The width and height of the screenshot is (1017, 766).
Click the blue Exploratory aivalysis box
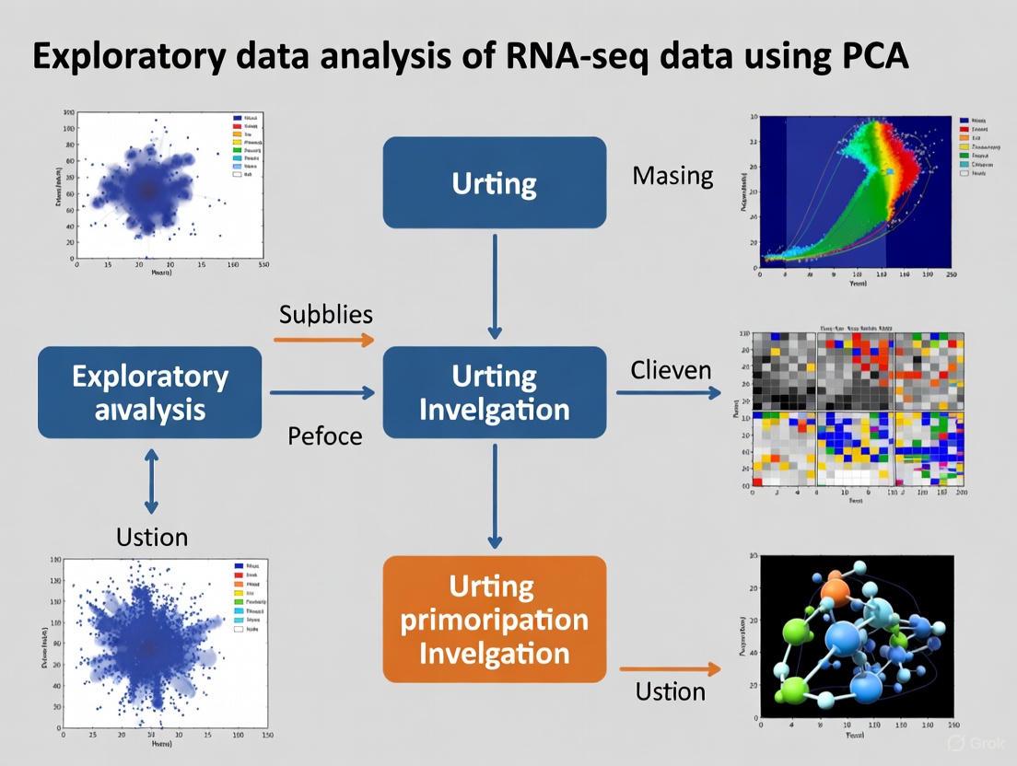point(150,392)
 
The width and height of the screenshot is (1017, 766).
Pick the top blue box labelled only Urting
point(494,182)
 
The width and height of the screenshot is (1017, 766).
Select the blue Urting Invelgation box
point(494,392)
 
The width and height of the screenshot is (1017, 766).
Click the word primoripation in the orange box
point(494,619)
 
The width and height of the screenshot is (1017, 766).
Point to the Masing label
point(672,176)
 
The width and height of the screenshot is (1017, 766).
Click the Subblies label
point(325,315)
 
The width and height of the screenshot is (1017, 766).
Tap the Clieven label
point(671,370)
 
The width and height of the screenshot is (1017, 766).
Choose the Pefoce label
point(325,435)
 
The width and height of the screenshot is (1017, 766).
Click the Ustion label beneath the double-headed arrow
point(152,536)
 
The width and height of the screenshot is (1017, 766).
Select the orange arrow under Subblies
point(324,340)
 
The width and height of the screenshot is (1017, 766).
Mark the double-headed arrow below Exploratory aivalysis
point(151,481)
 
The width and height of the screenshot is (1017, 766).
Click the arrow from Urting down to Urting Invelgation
point(495,285)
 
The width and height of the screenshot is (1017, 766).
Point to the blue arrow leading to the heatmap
point(669,393)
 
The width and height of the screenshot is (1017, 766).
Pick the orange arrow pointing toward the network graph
point(670,669)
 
